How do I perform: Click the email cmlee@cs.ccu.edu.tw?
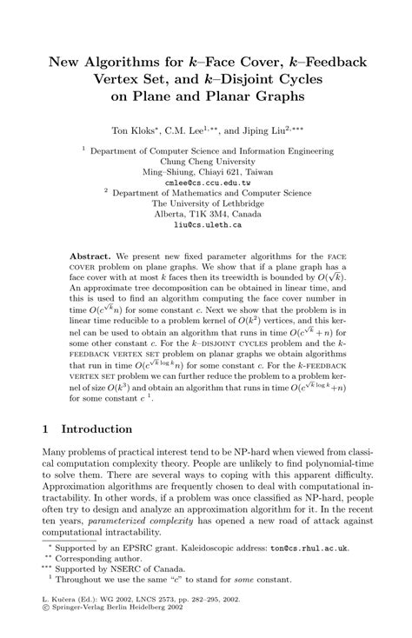click(206, 183)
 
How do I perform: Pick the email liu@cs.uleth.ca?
click(206, 224)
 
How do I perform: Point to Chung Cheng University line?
click(206, 161)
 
